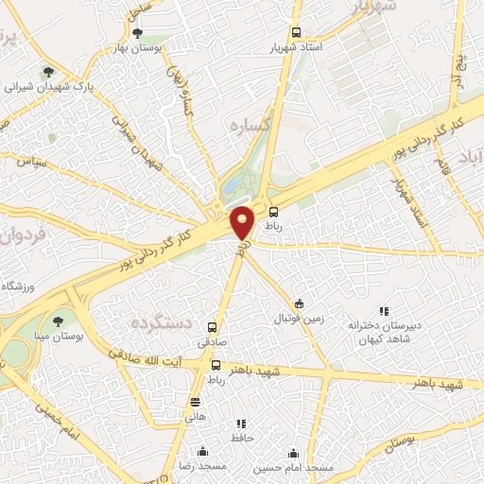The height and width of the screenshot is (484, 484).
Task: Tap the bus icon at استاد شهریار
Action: pos(297,29)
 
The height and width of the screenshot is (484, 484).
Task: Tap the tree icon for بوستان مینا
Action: pos(59,321)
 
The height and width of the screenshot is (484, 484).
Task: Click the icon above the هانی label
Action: pos(196,401)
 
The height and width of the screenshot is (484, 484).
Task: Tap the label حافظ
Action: pos(240,438)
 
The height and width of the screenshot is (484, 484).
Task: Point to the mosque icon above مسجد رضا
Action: pos(201,452)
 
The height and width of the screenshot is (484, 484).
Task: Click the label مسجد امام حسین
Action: pos(295,468)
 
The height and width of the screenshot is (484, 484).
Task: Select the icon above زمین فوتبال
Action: pos(300,303)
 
